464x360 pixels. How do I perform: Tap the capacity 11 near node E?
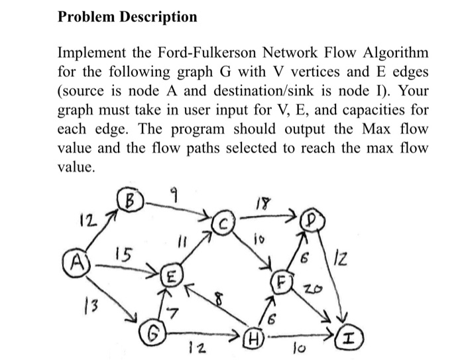186,245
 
